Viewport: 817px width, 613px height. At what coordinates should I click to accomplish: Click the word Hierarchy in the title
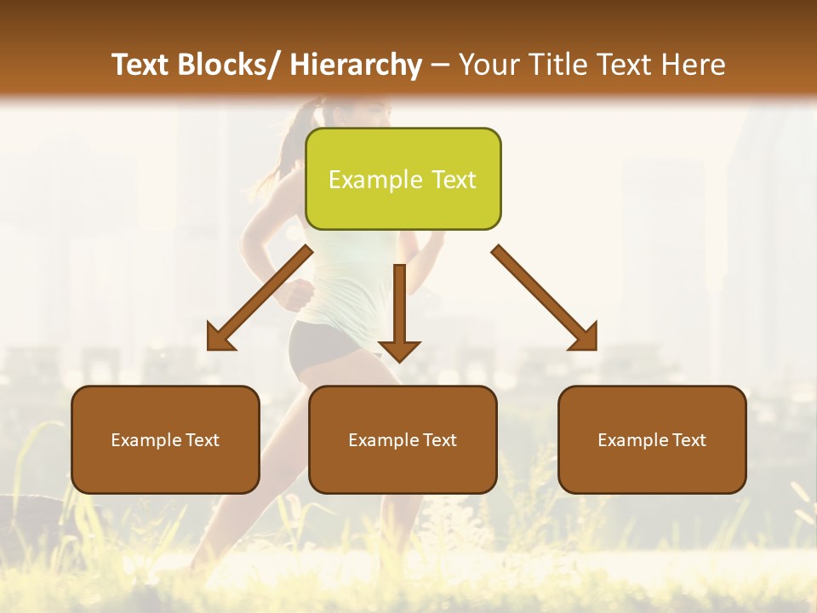(356, 65)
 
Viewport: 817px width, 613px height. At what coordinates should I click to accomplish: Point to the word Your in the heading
(487, 65)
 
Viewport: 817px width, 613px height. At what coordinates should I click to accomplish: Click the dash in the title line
(440, 66)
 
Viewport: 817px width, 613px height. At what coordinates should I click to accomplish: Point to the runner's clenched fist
(298, 294)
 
